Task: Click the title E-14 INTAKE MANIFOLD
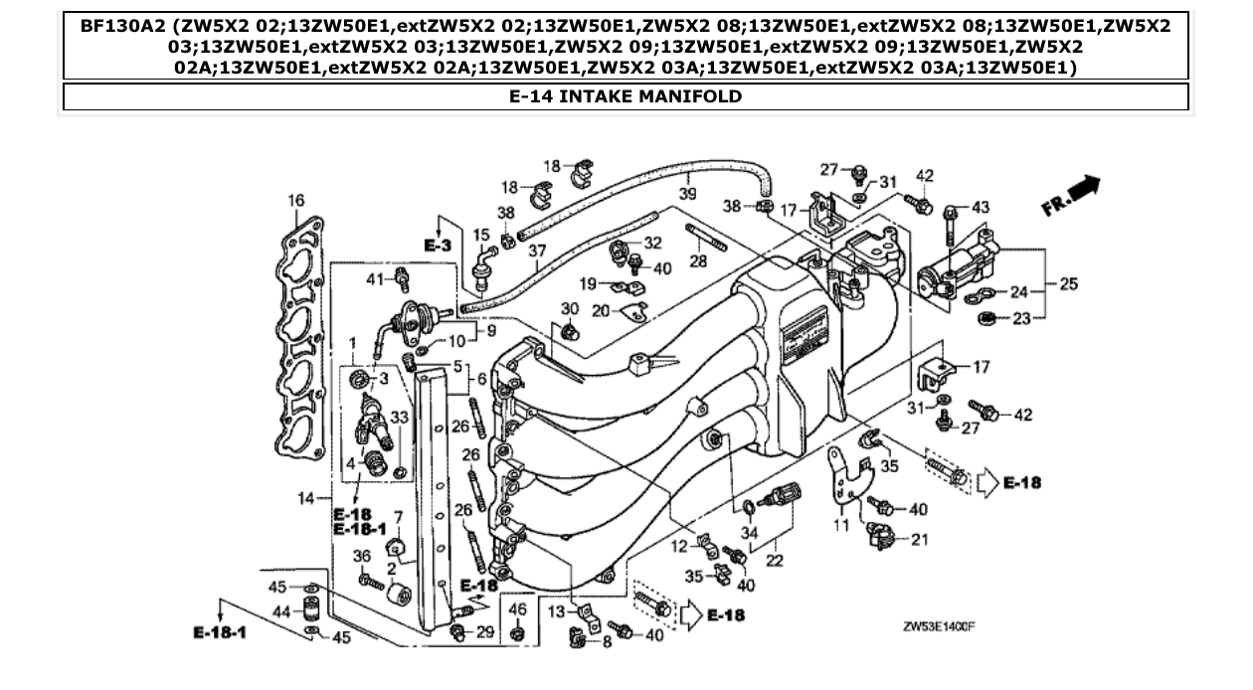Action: click(626, 96)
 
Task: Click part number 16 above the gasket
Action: click(296, 201)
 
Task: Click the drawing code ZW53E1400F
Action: click(939, 627)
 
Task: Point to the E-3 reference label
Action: click(438, 244)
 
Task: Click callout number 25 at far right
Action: click(1068, 284)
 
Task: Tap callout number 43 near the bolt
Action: click(981, 208)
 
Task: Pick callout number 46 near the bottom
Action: click(517, 608)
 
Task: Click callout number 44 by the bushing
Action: click(281, 611)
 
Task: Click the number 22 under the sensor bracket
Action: click(775, 561)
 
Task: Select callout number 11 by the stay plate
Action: click(839, 526)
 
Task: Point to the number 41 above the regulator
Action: click(375, 278)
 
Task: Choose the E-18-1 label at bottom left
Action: click(219, 633)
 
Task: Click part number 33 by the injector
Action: click(401, 418)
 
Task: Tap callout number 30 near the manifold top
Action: click(569, 308)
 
